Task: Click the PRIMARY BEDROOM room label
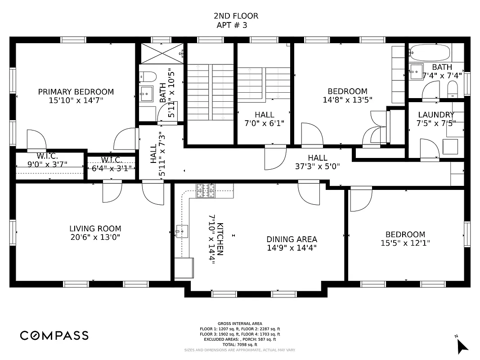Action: click(76, 92)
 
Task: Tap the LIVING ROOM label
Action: click(95, 229)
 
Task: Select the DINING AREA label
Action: click(292, 239)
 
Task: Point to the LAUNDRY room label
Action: click(436, 115)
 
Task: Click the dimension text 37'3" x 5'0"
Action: click(317, 166)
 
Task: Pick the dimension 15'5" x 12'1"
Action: click(405, 243)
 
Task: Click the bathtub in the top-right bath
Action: click(430, 54)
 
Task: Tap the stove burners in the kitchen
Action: click(205, 191)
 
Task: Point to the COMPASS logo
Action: click(54, 335)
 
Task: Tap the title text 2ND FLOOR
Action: click(236, 16)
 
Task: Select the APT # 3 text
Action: click(232, 25)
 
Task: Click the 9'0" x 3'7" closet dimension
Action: click(47, 164)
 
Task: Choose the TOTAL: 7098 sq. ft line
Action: click(240, 345)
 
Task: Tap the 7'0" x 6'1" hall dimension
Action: click(264, 123)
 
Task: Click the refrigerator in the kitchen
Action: click(184, 268)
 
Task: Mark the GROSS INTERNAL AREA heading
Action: click(240, 324)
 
